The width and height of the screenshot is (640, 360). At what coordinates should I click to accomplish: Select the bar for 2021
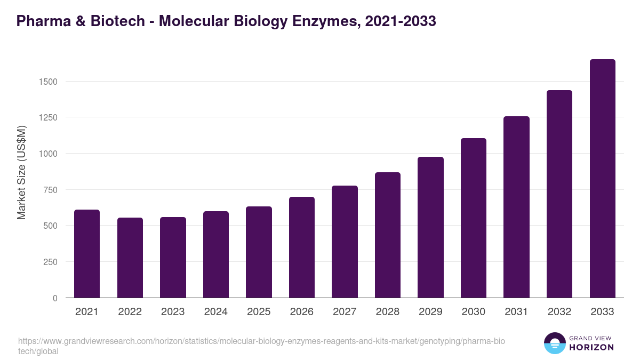coord(87,254)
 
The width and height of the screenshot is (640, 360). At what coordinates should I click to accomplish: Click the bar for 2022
coord(130,258)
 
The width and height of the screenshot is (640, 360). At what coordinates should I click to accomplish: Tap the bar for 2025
coord(259,252)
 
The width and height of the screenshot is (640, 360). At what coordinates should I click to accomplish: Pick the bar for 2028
coord(388,235)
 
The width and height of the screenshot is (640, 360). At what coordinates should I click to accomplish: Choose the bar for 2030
coord(474,218)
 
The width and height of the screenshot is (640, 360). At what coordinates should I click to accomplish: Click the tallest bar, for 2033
coord(602,179)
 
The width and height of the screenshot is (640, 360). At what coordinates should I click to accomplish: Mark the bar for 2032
coord(559,194)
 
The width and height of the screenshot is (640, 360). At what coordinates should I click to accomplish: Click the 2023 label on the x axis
coord(173,312)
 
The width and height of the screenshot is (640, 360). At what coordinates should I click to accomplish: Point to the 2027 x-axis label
coord(345,312)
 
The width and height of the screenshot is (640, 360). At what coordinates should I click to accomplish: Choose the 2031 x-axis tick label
coord(516,312)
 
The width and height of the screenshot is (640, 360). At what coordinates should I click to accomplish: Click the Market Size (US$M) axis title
coord(22,172)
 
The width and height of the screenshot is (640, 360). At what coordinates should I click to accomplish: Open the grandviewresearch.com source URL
coord(261,346)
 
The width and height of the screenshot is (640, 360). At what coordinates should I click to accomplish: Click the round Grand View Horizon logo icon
coord(554,343)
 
